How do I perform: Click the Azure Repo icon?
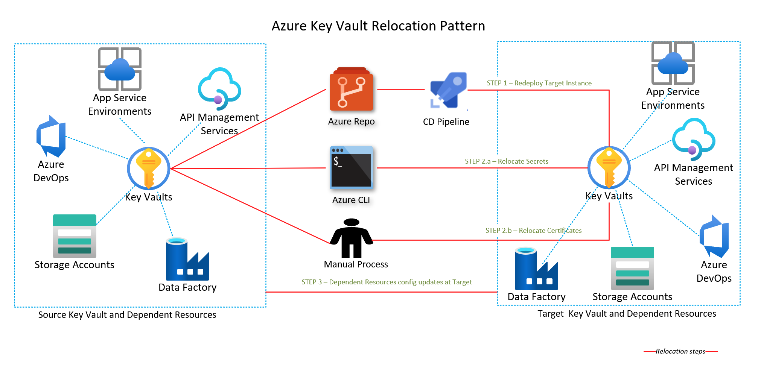click(351, 90)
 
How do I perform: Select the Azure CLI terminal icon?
click(351, 167)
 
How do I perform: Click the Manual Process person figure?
click(352, 238)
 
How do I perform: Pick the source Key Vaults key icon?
click(149, 168)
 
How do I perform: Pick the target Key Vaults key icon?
click(609, 167)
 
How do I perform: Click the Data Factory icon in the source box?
click(187, 259)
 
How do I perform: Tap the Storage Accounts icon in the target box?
click(632, 268)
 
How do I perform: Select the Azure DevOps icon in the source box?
click(51, 136)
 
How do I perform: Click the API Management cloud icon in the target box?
click(693, 139)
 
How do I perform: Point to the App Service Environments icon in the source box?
click(120, 69)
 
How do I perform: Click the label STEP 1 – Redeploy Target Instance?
click(539, 83)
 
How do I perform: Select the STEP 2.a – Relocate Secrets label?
click(506, 161)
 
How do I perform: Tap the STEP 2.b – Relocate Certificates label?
click(533, 231)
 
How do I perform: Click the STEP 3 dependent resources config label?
click(387, 282)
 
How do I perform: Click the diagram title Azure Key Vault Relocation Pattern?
click(378, 26)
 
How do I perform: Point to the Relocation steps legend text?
click(680, 351)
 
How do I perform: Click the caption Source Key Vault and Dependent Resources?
click(127, 315)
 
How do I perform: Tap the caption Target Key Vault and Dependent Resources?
click(627, 314)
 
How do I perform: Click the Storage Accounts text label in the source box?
click(74, 265)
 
